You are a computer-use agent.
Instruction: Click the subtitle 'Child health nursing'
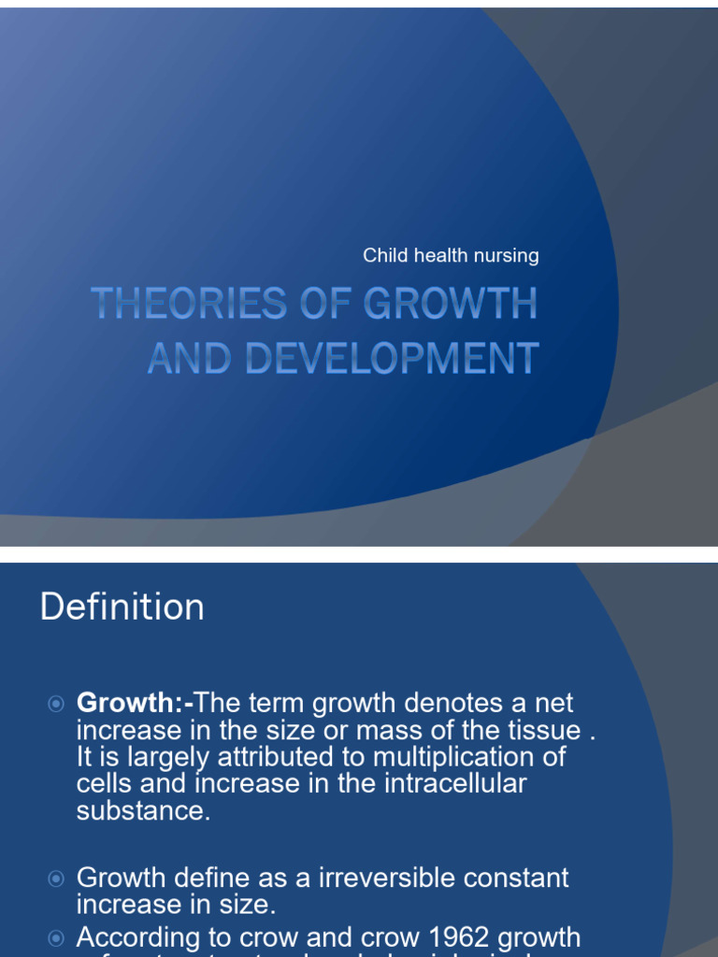coord(451,255)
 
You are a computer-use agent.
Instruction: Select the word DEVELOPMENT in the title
coord(392,358)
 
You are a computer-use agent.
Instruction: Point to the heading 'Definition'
coord(122,607)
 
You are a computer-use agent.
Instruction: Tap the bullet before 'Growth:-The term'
coord(56,703)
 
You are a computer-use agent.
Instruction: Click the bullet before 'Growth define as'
coord(56,878)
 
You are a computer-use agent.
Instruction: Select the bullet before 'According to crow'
coord(56,937)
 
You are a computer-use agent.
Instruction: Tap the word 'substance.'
coord(144,810)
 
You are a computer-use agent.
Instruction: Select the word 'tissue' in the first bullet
coord(541,730)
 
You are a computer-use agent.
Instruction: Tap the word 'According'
coord(138,937)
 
